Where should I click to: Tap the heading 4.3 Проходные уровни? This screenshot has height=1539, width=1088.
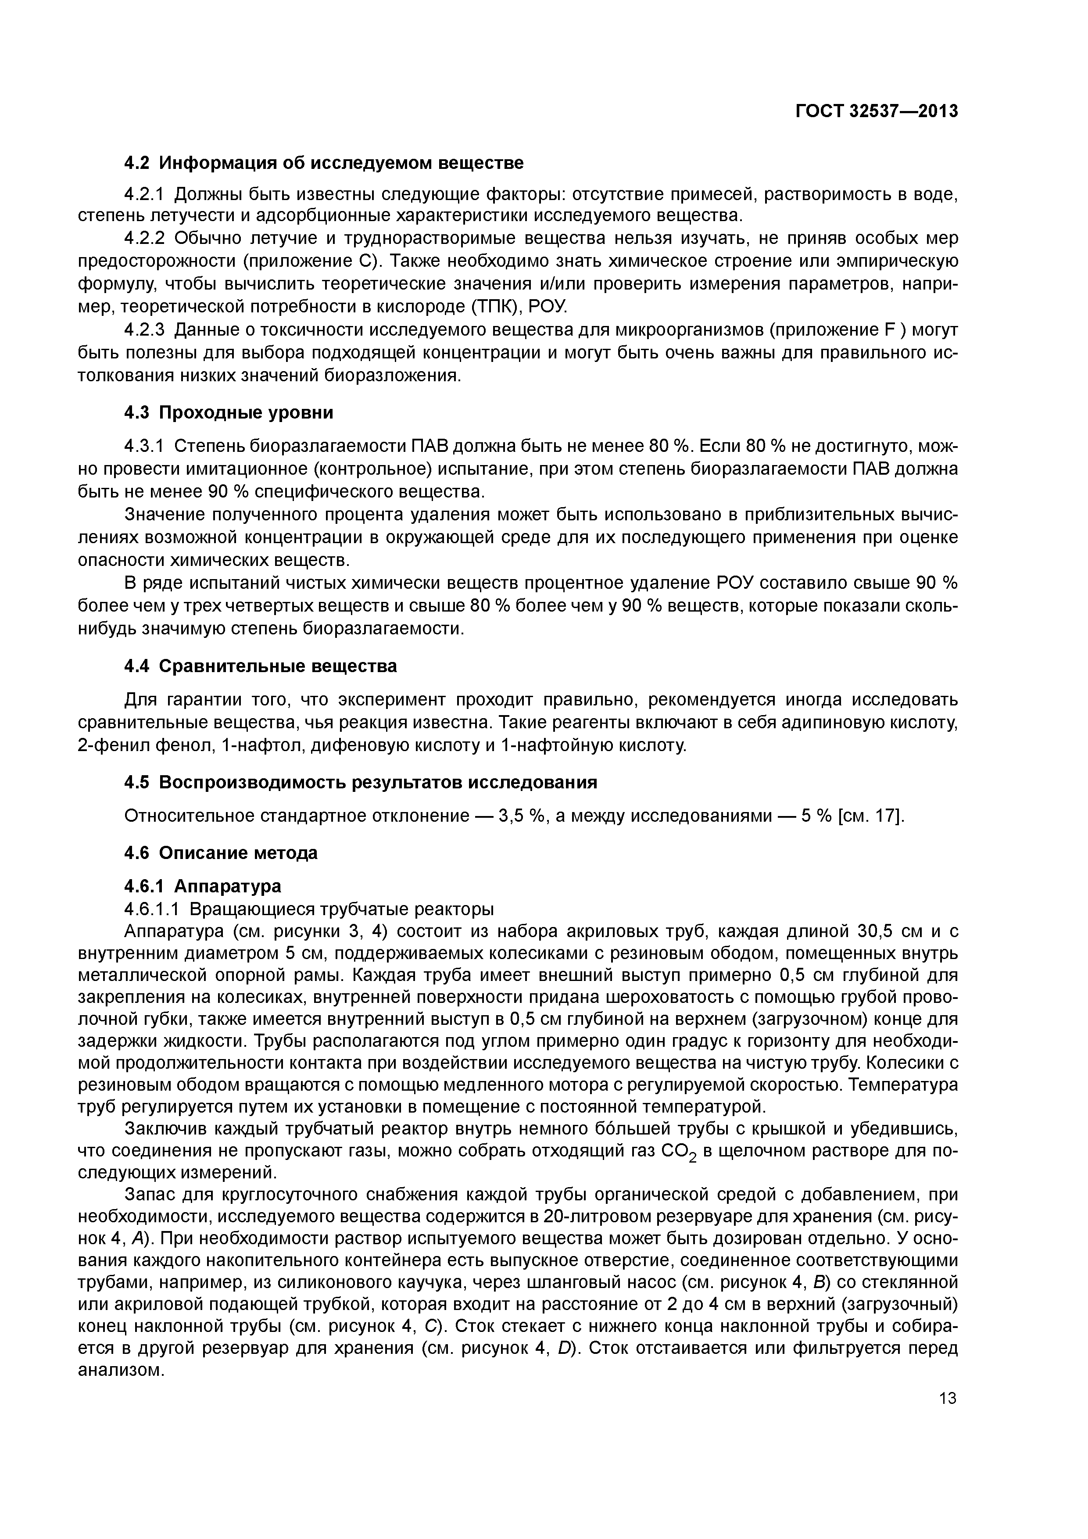(x=229, y=412)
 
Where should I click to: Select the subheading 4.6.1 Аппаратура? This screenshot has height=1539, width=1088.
(x=202, y=886)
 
